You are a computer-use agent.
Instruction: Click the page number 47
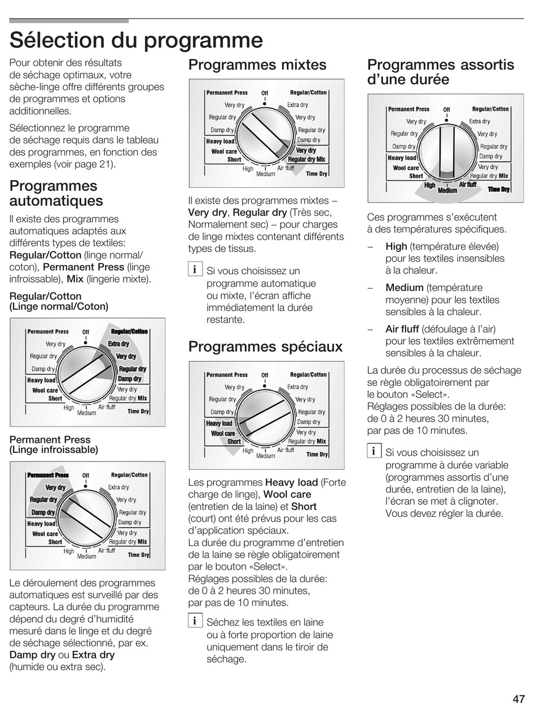pyautogui.click(x=519, y=698)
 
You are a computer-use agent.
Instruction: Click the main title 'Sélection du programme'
pyautogui.click(x=136, y=40)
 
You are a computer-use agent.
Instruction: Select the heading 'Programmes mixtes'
pyautogui.click(x=257, y=65)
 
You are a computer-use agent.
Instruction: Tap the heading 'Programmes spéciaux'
pyautogui.click(x=265, y=346)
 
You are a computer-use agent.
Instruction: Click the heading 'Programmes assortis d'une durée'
pyautogui.click(x=440, y=72)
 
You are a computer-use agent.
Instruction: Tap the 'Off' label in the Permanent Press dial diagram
pyautogui.click(x=86, y=476)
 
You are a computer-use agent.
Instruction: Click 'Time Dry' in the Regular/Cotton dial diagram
pyautogui.click(x=138, y=411)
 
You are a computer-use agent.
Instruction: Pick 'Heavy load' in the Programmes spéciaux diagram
pyautogui.click(x=219, y=424)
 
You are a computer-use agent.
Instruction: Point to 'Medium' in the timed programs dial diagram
pyautogui.click(x=447, y=191)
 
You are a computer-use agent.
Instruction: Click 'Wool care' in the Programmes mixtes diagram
pyautogui.click(x=224, y=151)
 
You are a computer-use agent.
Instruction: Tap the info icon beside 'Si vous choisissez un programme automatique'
pyautogui.click(x=195, y=270)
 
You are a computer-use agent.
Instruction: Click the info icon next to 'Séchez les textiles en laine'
pyautogui.click(x=195, y=621)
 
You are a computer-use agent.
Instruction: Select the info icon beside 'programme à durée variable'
pyautogui.click(x=373, y=451)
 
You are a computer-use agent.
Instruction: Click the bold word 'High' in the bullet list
pyautogui.click(x=396, y=247)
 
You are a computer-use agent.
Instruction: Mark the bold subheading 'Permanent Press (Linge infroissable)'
pyautogui.click(x=54, y=445)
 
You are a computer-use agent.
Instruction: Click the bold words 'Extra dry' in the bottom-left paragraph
pyautogui.click(x=93, y=655)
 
